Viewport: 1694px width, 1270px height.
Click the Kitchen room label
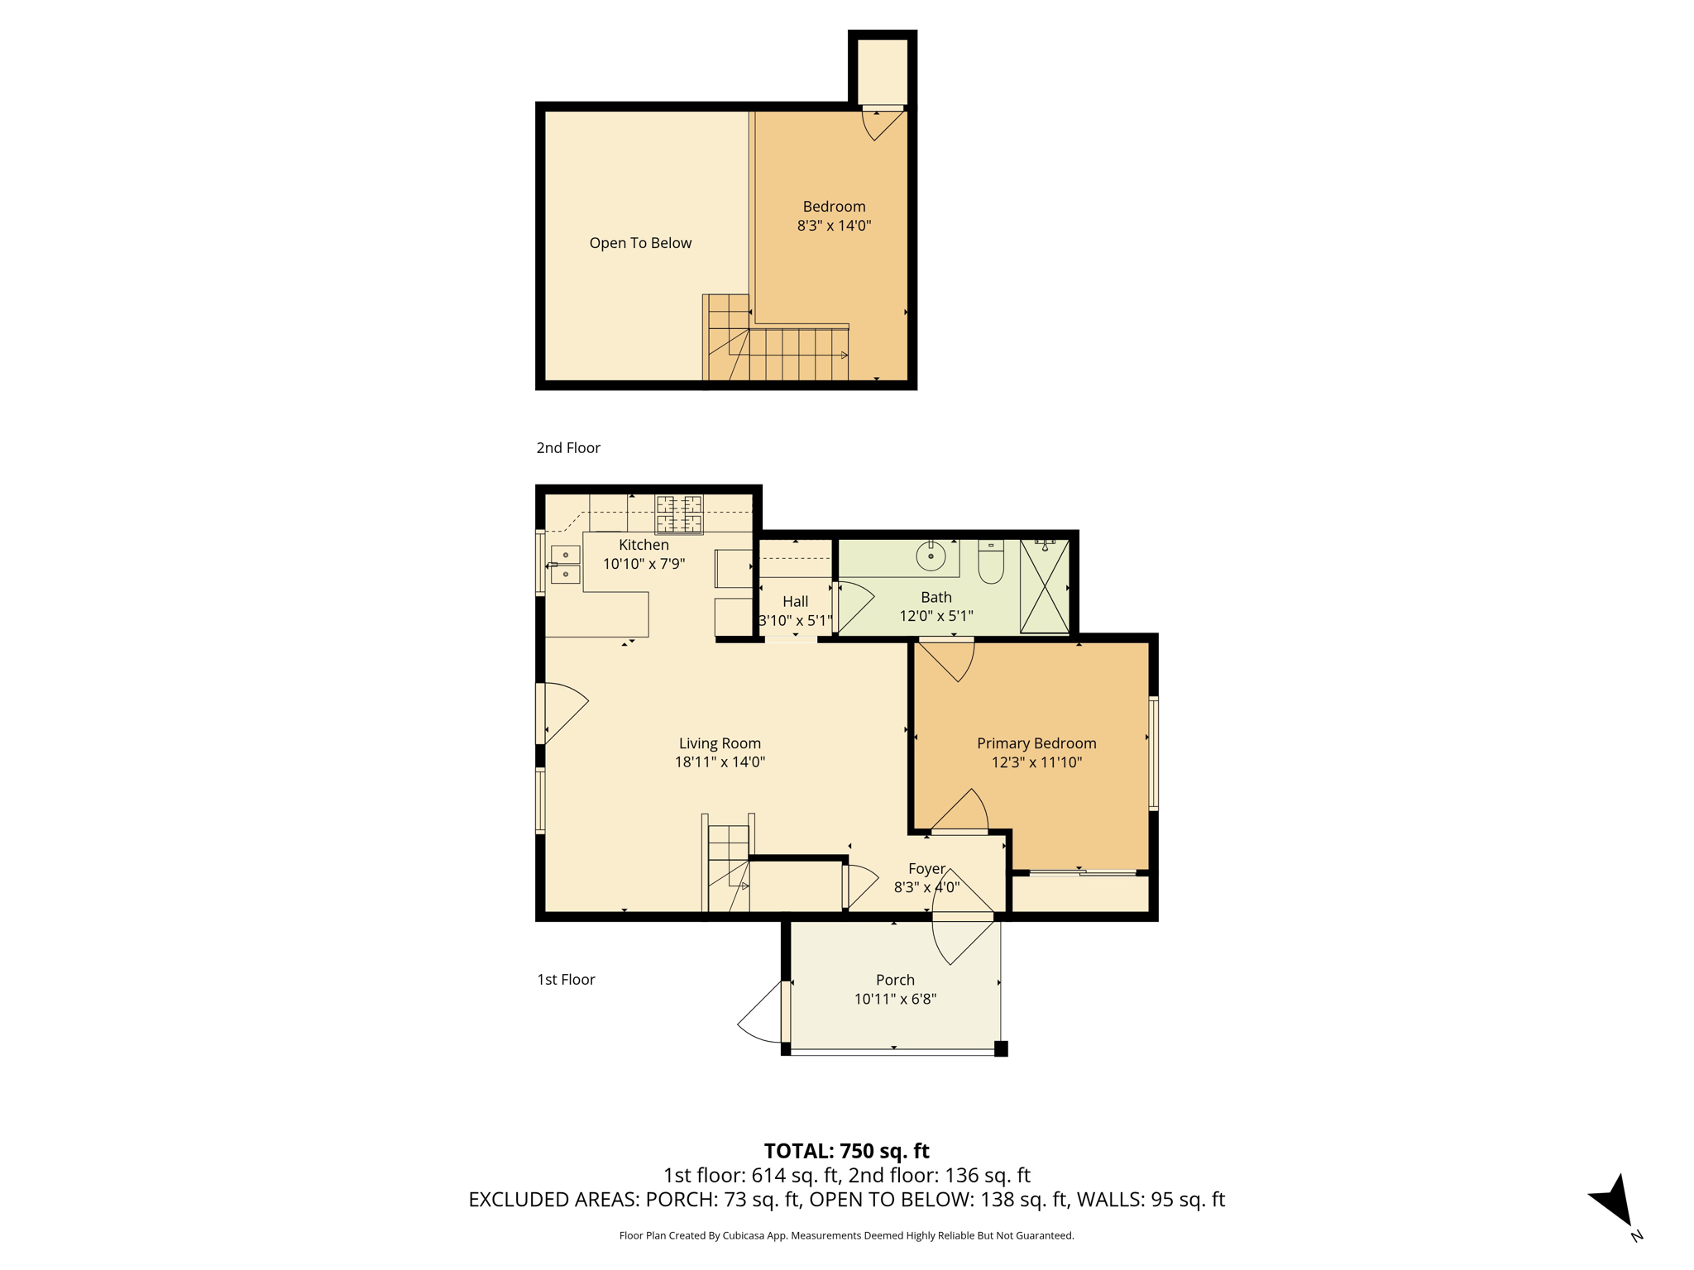(x=644, y=545)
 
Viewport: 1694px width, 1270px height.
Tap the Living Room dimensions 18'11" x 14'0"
(x=720, y=762)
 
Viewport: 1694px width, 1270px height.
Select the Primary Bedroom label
(x=1036, y=743)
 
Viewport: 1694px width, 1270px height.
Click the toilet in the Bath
(x=991, y=561)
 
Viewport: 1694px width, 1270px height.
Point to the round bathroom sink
(x=931, y=556)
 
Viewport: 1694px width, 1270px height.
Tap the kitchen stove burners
(x=679, y=514)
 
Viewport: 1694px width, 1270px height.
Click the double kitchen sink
(x=566, y=564)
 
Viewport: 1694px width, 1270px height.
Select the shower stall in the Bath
(x=1045, y=586)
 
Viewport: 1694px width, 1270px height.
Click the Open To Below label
(x=640, y=243)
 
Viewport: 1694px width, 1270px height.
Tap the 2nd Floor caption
(x=568, y=447)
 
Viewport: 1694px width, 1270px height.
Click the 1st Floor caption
(x=566, y=979)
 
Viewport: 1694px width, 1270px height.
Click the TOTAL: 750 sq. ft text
(x=846, y=1151)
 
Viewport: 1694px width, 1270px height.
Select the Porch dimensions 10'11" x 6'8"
(x=895, y=999)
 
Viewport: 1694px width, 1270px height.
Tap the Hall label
(x=795, y=601)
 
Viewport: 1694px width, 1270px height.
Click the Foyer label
(x=926, y=868)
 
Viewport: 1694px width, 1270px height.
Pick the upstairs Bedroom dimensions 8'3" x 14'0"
(x=834, y=226)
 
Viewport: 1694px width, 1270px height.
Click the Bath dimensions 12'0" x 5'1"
(x=936, y=616)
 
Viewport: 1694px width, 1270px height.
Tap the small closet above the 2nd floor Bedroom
(x=883, y=71)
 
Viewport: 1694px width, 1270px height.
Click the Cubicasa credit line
(x=846, y=1235)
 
